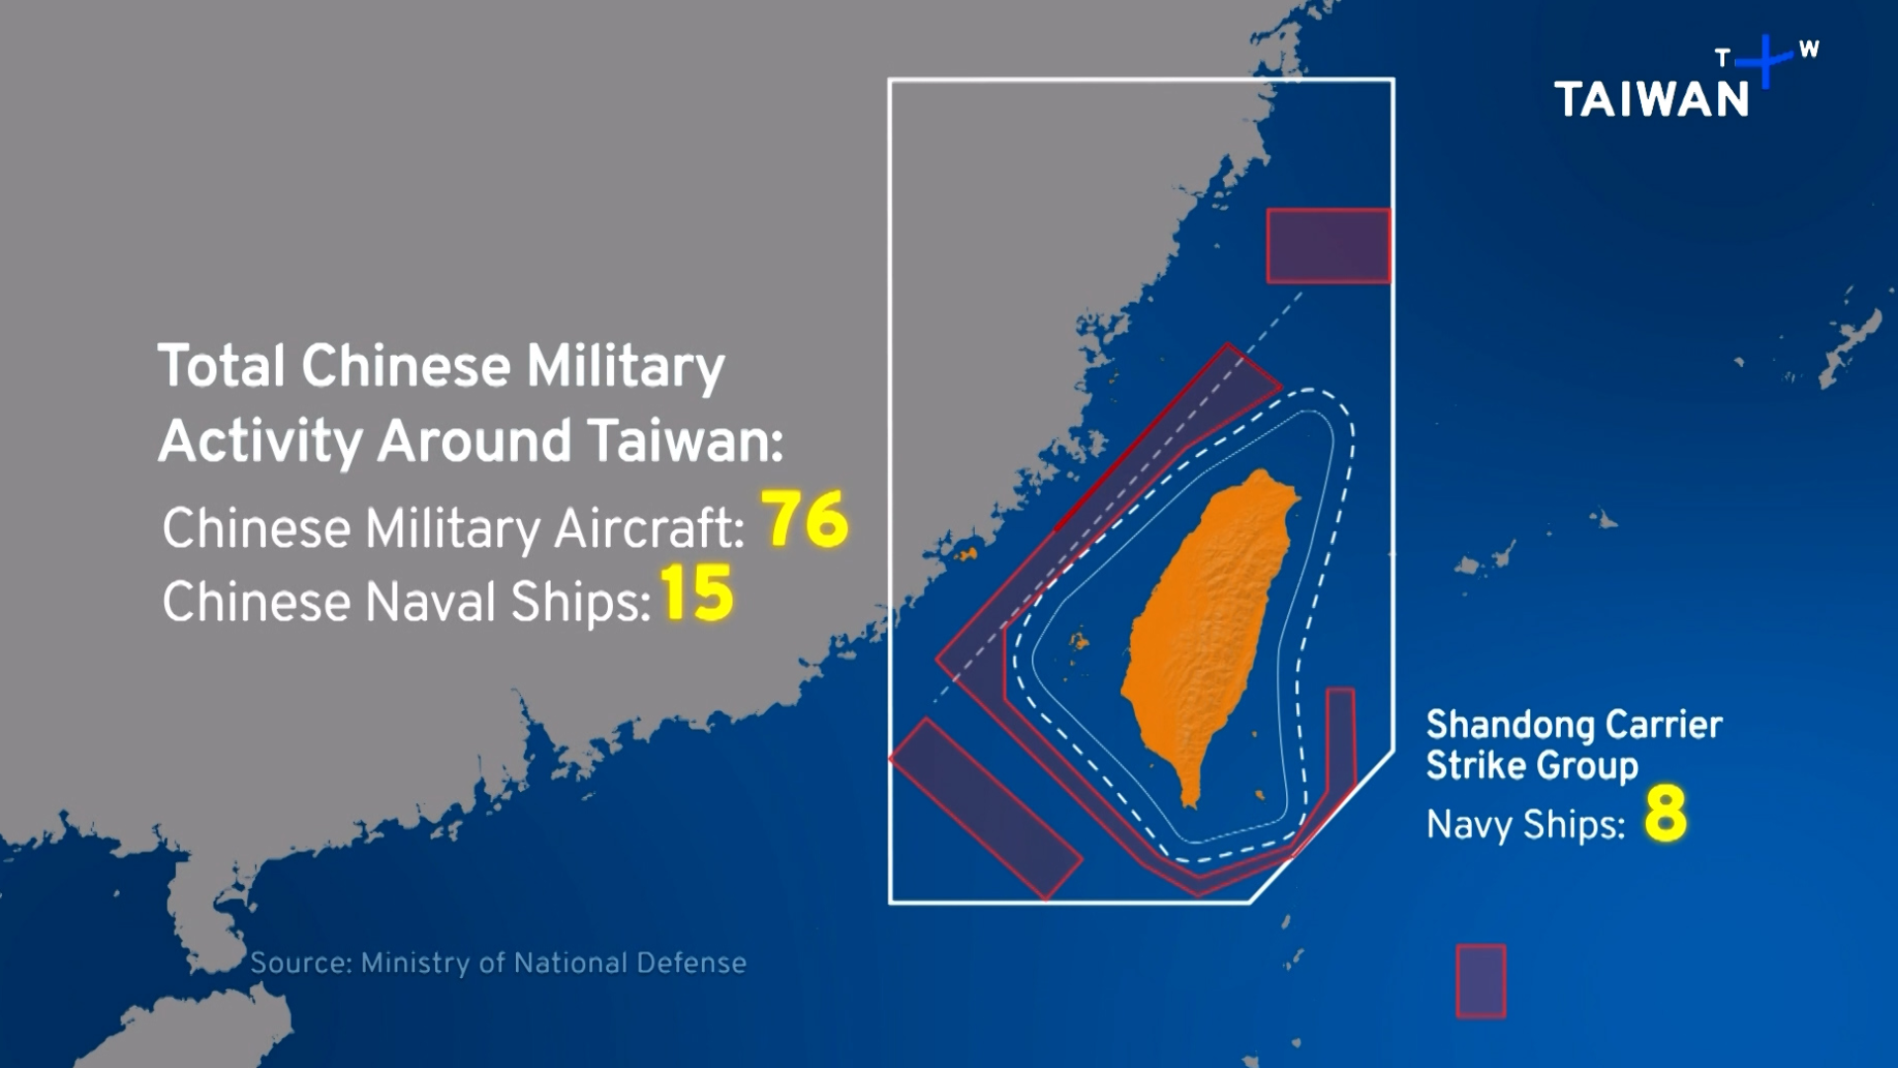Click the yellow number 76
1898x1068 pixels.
(806, 519)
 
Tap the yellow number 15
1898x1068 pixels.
(697, 594)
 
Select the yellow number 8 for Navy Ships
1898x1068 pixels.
(1665, 815)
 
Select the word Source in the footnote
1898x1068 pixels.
(300, 963)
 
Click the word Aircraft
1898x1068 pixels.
(648, 528)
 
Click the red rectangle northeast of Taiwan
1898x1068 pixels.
(1329, 246)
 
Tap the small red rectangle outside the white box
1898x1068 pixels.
(1481, 981)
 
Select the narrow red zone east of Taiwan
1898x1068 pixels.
(1339, 752)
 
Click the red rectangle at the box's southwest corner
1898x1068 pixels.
(985, 809)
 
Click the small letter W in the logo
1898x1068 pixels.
(1808, 49)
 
